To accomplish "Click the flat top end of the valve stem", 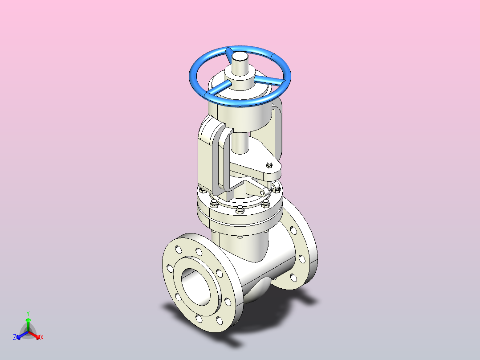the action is click(240, 57).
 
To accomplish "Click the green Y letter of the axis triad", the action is click(28, 313).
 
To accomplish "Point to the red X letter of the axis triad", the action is click(42, 337).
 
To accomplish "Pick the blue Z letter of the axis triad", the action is click(14, 337).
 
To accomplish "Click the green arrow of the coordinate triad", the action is click(28, 325).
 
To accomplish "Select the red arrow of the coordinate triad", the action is click(34, 335).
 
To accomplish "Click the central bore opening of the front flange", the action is click(196, 287).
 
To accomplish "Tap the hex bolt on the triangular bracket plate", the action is click(269, 165).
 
